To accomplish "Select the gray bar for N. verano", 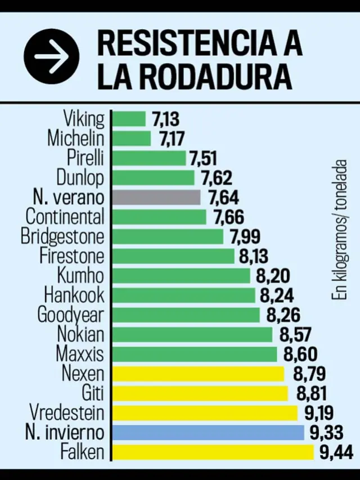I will click(156, 198).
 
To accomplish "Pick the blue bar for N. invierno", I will click(208, 432).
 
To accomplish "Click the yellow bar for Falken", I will click(213, 451).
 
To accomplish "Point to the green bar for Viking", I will click(129, 119).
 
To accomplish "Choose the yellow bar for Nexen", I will click(199, 374).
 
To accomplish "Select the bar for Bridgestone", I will click(168, 236).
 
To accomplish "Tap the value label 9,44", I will click(335, 451).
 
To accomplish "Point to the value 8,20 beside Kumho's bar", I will click(273, 276).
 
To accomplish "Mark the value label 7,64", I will click(223, 198).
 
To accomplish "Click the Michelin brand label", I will click(76, 138).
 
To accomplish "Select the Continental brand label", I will click(65, 217).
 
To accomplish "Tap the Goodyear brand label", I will click(71, 315).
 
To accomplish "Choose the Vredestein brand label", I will click(67, 412).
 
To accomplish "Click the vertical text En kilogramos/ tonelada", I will click(338, 231).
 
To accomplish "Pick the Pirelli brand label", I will click(85, 158).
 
